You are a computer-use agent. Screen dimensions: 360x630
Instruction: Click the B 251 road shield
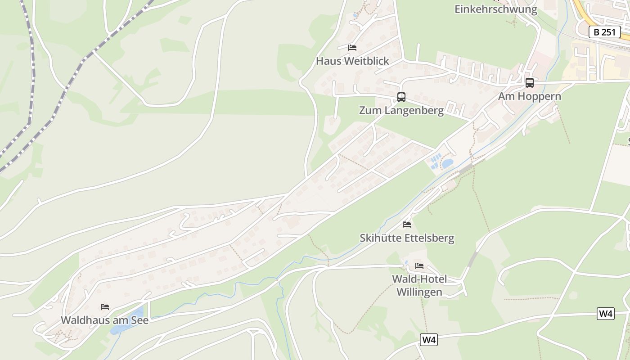(605, 32)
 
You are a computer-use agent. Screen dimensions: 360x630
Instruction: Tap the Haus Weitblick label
(352, 61)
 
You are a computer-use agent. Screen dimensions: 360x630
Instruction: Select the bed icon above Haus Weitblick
(352, 48)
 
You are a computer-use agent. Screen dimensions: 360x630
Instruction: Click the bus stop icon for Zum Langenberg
(401, 97)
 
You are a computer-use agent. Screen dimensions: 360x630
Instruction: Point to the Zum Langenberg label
(401, 110)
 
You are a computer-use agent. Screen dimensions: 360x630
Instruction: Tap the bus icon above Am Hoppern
(530, 83)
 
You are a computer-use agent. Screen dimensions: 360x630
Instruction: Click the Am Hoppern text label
(530, 96)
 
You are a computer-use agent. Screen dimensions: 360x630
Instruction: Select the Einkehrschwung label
(495, 9)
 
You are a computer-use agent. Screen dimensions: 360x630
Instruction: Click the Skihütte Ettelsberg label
(407, 238)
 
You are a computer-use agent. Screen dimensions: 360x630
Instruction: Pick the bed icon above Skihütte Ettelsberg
(407, 224)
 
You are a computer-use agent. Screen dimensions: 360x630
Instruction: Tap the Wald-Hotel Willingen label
(419, 285)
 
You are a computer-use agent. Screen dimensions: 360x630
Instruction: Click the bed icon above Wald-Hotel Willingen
(419, 266)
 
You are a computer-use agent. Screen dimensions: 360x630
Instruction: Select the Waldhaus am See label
(104, 320)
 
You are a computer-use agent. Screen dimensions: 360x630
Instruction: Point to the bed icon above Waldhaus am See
(105, 307)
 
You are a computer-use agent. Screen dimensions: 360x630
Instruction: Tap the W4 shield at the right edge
(606, 314)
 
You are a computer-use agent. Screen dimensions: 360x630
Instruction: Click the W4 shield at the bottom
(429, 340)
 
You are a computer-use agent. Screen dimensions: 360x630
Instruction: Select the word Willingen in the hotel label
(419, 292)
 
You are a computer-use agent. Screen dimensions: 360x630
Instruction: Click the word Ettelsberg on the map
(427, 238)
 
